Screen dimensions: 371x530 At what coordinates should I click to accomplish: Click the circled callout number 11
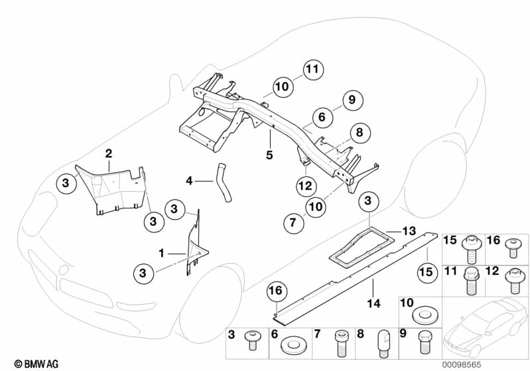[316, 68]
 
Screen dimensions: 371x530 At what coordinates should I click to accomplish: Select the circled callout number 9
[353, 100]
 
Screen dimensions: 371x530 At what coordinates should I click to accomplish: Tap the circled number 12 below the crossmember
[304, 186]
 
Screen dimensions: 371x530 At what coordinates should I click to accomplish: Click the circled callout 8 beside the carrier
[360, 133]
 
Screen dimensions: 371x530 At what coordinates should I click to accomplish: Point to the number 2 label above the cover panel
[109, 154]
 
